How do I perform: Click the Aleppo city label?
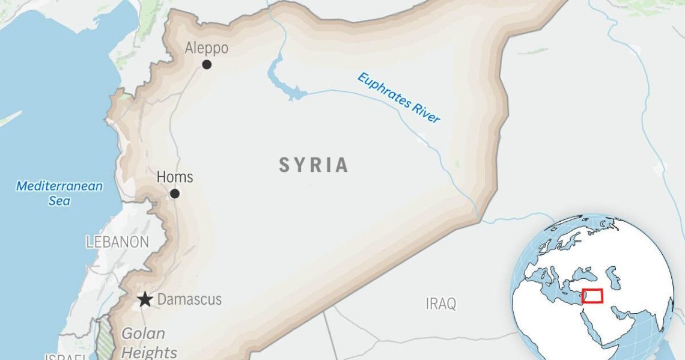[x=207, y=48]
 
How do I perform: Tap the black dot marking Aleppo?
[x=207, y=64]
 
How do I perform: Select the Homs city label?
[x=175, y=177]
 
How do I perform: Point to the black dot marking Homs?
[x=174, y=194]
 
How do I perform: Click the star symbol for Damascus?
[x=145, y=299]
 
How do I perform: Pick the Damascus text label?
[x=189, y=299]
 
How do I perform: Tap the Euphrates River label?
[x=399, y=97]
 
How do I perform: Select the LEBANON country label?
[x=117, y=242]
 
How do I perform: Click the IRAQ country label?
[x=441, y=304]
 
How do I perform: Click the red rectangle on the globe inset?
[x=592, y=296]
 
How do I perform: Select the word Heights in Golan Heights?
[x=148, y=352]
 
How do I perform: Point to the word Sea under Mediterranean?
[x=59, y=201]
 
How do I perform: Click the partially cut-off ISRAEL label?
[x=66, y=356]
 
